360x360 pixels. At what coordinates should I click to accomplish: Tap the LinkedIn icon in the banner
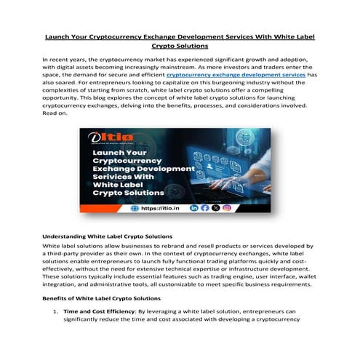pos(193,208)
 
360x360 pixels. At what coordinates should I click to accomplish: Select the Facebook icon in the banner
pos(204,208)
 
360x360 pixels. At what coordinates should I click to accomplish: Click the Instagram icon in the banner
pos(226,208)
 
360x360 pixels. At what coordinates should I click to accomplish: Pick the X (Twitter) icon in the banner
pos(215,208)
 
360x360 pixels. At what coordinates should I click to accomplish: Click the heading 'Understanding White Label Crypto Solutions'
pos(107,236)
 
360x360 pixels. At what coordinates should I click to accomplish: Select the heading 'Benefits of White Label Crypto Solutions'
pos(100,299)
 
